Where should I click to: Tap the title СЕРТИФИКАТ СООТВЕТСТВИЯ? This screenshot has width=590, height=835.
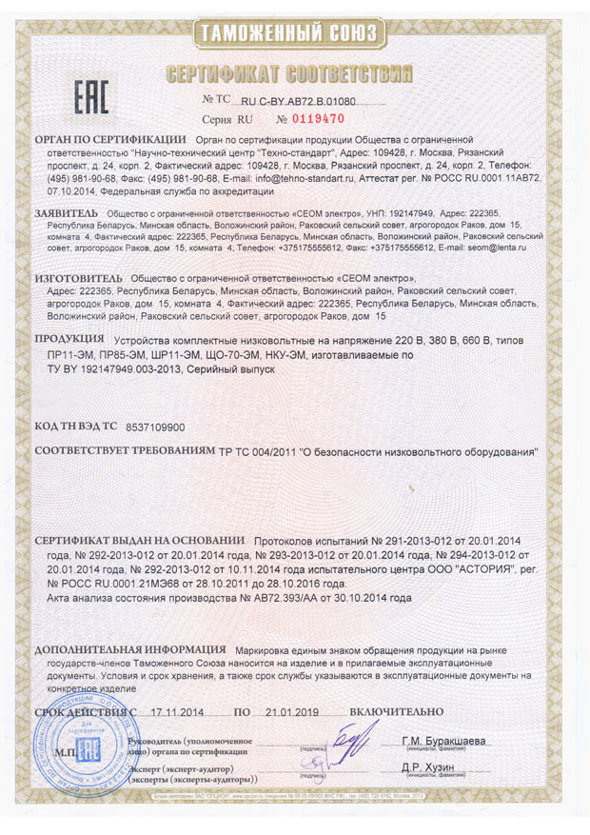[x=294, y=73]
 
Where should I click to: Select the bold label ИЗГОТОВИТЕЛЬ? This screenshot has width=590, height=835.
[x=77, y=277]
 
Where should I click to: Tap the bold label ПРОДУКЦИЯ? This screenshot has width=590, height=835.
[x=70, y=340]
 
